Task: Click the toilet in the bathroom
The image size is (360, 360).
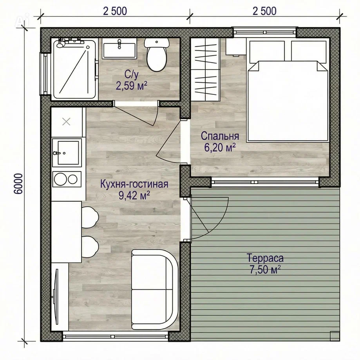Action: click(x=156, y=54)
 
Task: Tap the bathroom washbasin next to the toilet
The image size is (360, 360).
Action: click(x=119, y=49)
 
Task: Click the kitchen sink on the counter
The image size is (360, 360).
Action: click(x=67, y=152)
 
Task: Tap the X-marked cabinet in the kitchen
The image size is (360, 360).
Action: click(x=67, y=122)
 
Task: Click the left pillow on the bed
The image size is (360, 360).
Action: click(x=267, y=51)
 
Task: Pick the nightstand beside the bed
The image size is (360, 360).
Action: click(x=236, y=47)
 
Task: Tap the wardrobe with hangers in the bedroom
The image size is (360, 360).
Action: click(x=206, y=69)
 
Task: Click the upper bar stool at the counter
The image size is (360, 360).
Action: click(x=90, y=217)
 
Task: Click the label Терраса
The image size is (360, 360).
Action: click(x=265, y=258)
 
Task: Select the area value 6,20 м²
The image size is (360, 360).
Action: click(x=220, y=147)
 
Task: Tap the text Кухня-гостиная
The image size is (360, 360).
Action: click(x=134, y=184)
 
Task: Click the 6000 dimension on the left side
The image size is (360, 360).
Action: click(x=18, y=184)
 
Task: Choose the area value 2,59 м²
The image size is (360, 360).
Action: click(x=132, y=86)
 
